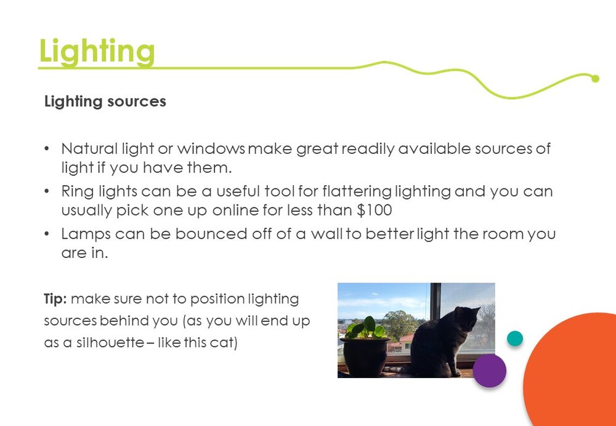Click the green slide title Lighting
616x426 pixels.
point(97,52)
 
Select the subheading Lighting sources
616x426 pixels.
point(105,102)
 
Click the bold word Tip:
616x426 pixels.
point(55,299)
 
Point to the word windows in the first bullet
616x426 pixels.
point(211,148)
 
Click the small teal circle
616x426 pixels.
point(514,339)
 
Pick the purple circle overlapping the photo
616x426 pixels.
point(489,371)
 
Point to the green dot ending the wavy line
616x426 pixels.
point(595,79)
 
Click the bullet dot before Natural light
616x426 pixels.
point(47,149)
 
